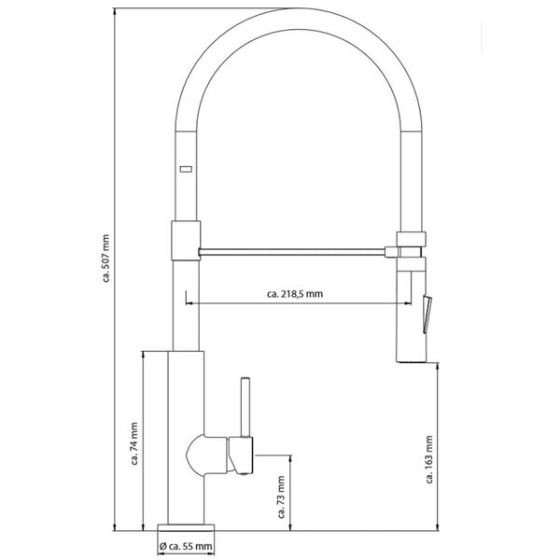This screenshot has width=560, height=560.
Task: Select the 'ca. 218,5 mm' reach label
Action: [294, 294]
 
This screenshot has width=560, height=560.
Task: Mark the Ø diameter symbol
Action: [162, 546]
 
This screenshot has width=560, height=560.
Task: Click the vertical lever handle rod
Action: [246, 406]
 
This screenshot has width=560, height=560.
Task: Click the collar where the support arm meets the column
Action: [184, 240]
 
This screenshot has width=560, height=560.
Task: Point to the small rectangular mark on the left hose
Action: [184, 169]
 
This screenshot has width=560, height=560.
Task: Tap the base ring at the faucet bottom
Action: [184, 527]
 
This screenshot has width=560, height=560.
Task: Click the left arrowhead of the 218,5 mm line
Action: [190, 303]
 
